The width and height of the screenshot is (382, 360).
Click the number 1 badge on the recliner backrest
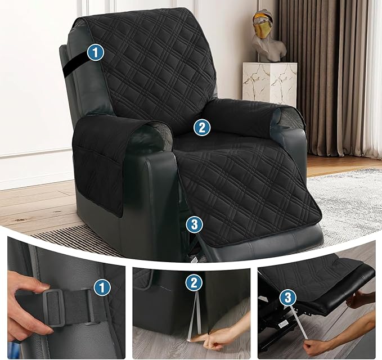tap(97, 53)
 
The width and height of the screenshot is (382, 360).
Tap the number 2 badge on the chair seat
tap(201, 127)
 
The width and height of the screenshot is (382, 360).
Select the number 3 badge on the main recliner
tap(194, 224)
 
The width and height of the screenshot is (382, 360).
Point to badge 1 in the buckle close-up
tap(101, 288)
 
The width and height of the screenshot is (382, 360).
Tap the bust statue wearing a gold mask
tap(265, 37)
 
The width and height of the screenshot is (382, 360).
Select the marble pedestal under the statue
tap(269, 83)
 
